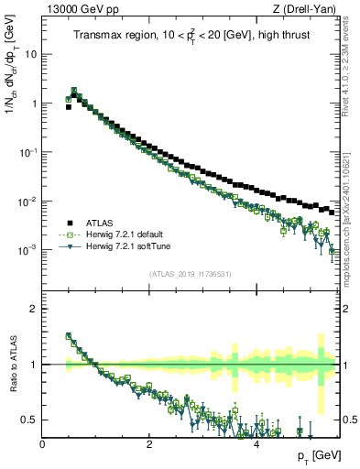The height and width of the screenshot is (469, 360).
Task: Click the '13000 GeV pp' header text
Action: pos(81,11)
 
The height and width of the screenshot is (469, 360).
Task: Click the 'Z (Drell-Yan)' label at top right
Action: pos(310,11)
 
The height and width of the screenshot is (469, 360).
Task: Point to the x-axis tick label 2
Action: pos(149,443)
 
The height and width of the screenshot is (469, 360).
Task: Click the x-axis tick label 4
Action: pos(256,443)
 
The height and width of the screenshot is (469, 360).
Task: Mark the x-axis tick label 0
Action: pos(43,443)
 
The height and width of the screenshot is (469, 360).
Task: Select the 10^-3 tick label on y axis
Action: pos(29,250)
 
